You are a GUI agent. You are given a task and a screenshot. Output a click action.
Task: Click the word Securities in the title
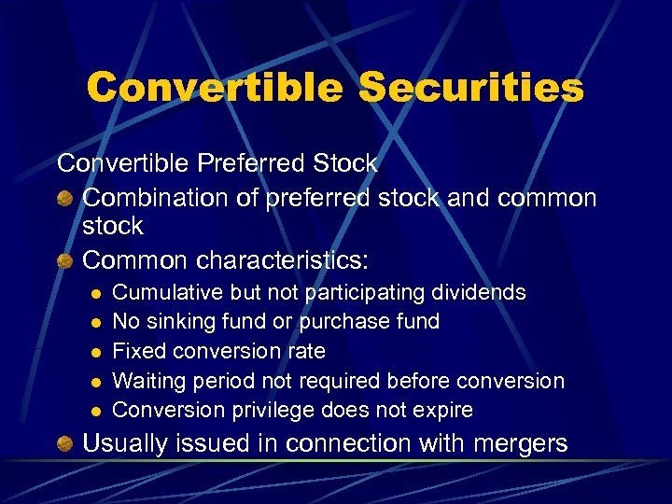471,89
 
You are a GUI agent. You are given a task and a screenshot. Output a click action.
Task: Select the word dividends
478,293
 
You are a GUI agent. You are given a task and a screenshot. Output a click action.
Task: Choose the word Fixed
134,352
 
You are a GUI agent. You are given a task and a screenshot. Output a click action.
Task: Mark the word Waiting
147,382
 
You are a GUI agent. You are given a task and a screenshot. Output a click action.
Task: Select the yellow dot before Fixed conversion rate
94,353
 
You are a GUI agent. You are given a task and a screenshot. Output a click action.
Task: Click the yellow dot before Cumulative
94,294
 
